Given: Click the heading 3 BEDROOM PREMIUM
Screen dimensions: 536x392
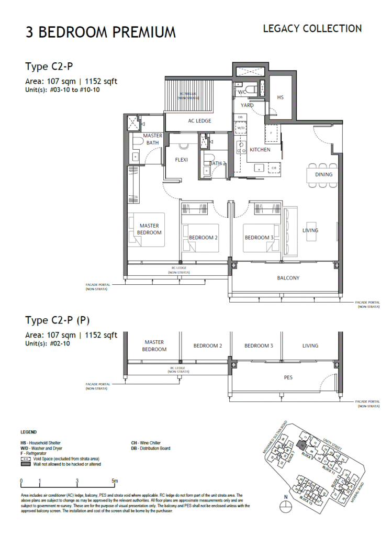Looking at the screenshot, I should (101, 32).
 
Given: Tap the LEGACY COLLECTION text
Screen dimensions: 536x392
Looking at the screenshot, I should (312, 28).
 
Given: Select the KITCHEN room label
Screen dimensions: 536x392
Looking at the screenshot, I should (260, 150).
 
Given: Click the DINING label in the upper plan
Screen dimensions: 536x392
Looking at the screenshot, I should (323, 174).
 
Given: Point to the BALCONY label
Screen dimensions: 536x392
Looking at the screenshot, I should (288, 278).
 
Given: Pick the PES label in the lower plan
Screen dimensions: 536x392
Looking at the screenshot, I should (288, 377).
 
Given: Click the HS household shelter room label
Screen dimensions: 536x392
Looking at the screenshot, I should (281, 97).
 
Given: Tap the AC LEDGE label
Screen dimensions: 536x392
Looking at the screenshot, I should (199, 121).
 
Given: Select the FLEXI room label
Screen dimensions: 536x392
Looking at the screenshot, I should (181, 160).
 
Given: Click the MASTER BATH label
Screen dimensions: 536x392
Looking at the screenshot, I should (153, 139).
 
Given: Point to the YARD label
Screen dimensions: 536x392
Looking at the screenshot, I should (247, 105).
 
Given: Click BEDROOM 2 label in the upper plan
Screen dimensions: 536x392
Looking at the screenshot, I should (204, 238).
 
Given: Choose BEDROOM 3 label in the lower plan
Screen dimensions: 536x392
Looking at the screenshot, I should (259, 346).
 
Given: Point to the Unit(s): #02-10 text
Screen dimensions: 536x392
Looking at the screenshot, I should (47, 344).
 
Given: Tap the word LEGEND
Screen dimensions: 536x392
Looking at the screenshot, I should (28, 432).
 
